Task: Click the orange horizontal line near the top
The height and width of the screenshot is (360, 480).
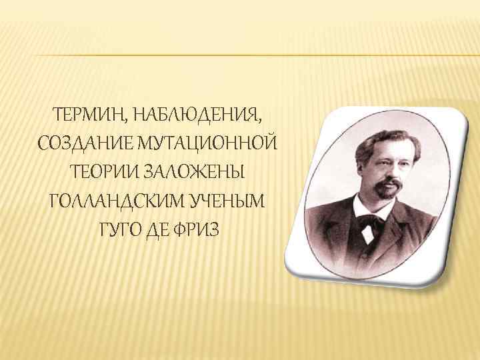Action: pyautogui.click(x=240, y=54)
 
